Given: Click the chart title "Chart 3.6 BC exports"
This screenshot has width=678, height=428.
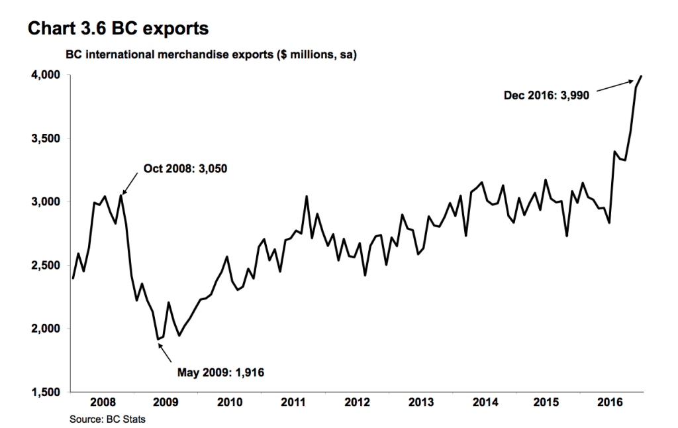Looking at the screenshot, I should [x=117, y=28].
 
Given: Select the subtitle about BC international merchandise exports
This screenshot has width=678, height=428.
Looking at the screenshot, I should [x=211, y=55].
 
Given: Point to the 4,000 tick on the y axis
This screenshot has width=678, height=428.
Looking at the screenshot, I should [x=45, y=76].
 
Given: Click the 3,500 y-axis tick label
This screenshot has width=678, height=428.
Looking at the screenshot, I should [x=45, y=138].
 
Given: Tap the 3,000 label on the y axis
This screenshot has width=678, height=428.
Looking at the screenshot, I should [x=45, y=201].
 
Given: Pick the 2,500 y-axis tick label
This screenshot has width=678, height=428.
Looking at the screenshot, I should [x=45, y=265].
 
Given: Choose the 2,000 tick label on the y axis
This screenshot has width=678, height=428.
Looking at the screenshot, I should [x=45, y=329].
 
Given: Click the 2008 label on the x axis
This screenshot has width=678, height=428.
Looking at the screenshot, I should [x=103, y=402].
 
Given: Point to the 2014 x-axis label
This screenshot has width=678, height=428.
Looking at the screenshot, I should [x=485, y=402].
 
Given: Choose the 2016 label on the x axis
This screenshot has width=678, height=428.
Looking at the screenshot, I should [x=612, y=402].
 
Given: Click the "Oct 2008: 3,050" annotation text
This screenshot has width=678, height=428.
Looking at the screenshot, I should [x=185, y=169].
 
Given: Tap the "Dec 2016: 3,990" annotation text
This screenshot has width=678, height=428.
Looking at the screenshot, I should [x=546, y=95].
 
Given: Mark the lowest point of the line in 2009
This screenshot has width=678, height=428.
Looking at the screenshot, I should [x=158, y=339].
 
